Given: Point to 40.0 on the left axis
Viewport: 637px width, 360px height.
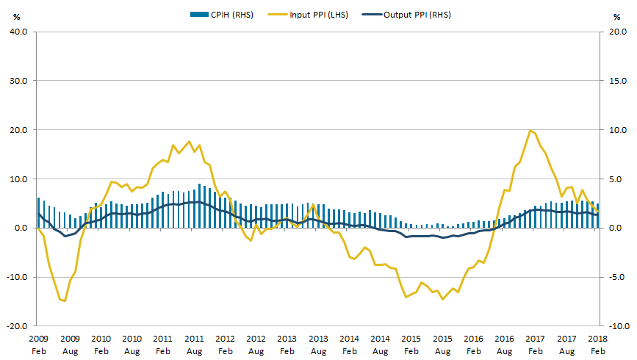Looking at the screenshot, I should pyautogui.click(x=18, y=32).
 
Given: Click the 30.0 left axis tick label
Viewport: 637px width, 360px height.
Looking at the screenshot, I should pyautogui.click(x=18, y=81).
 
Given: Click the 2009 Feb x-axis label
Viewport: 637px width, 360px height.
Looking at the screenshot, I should pyautogui.click(x=38, y=345).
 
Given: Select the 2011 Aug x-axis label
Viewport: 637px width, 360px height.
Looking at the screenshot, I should pyautogui.click(x=194, y=345).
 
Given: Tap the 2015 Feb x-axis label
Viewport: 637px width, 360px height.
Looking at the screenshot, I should pyautogui.click(x=411, y=345).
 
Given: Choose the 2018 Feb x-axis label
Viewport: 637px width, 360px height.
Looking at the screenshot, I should pyautogui.click(x=598, y=345).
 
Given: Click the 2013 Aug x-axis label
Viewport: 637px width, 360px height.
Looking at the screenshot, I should pyautogui.click(x=318, y=345).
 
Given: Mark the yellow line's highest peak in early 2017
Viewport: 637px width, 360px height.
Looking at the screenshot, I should pyautogui.click(x=530, y=130).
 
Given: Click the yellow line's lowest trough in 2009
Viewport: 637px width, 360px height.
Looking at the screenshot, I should pyautogui.click(x=65, y=300).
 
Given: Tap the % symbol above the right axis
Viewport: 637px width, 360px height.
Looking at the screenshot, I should pyautogui.click(x=617, y=17).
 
